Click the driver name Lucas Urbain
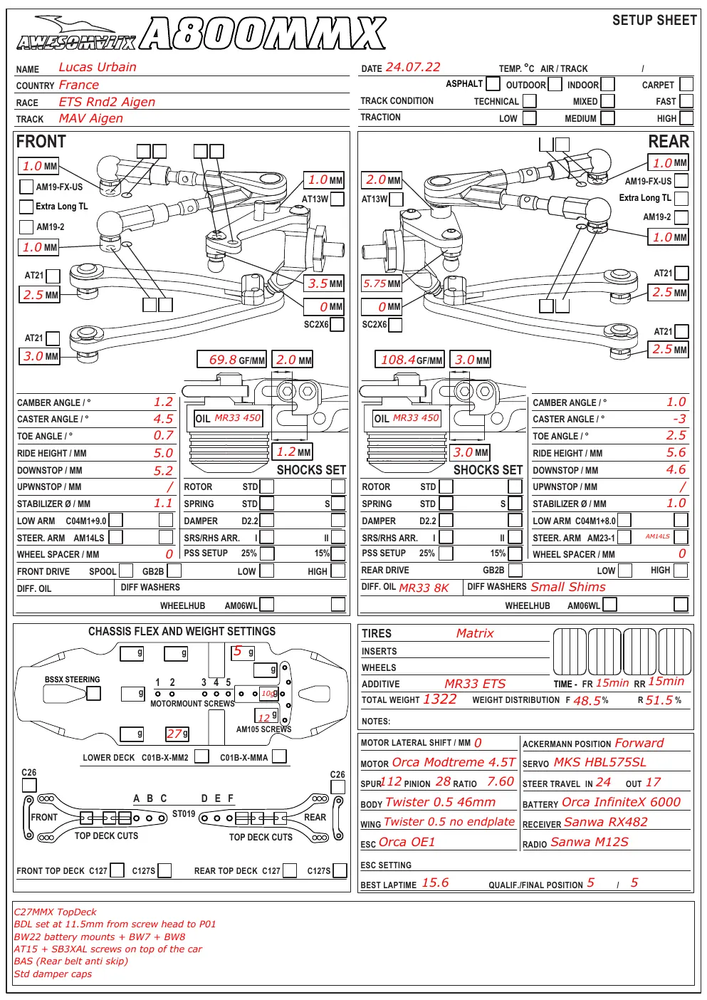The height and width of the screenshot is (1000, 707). pyautogui.click(x=98, y=67)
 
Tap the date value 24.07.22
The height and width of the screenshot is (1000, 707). pyautogui.click(x=413, y=67)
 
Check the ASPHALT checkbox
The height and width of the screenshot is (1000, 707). pyautogui.click(x=493, y=83)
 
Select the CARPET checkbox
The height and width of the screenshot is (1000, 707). pyautogui.click(x=686, y=84)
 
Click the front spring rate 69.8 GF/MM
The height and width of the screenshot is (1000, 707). pyautogui.click(x=231, y=360)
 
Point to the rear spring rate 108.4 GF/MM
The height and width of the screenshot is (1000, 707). pyautogui.click(x=409, y=360)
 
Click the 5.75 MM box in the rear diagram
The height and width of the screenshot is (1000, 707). pyautogui.click(x=382, y=283)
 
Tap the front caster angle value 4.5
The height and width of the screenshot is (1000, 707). pyautogui.click(x=163, y=419)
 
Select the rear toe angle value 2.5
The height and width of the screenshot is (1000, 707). pyautogui.click(x=676, y=435)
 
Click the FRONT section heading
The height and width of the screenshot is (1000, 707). pyautogui.click(x=41, y=142)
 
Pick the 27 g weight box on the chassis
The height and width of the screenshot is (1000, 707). pyautogui.click(x=177, y=734)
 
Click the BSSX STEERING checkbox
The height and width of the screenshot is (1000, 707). pyautogui.click(x=93, y=694)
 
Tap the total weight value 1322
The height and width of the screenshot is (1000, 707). pyautogui.click(x=439, y=699)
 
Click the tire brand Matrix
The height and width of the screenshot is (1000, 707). pyautogui.click(x=475, y=633)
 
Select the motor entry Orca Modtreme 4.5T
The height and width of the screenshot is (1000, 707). pyautogui.click(x=454, y=763)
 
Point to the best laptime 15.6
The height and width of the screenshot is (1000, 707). pyautogui.click(x=435, y=882)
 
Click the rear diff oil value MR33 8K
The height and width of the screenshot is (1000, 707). pyautogui.click(x=424, y=588)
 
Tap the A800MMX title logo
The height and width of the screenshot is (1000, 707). pyautogui.click(x=263, y=33)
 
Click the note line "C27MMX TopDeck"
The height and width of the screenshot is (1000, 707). pyautogui.click(x=56, y=912)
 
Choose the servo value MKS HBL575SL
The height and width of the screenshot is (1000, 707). pyautogui.click(x=600, y=763)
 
